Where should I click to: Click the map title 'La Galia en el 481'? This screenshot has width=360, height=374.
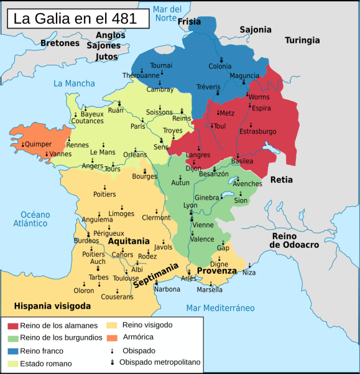coord(78,18)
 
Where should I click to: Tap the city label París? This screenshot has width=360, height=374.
coord(138,126)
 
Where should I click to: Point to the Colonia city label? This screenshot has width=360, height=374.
coord(220,67)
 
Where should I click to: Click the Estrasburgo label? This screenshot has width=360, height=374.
coord(258,131)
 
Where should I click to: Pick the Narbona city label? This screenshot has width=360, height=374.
coord(167,289)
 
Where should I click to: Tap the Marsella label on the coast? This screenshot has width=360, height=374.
coord(210,290)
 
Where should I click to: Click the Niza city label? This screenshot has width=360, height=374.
coord(249,273)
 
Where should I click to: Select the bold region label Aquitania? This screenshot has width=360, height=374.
coord(129,241)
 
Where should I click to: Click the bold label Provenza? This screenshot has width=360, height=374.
coord(217,271)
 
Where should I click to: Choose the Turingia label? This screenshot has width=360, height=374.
coord(302,40)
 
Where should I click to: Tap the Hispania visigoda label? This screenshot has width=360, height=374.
coord(52,306)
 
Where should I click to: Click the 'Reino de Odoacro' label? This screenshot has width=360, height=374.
coord(294,241)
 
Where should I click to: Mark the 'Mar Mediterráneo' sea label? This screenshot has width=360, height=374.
coord(221,308)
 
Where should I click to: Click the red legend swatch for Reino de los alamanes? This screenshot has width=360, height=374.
coord(12,326)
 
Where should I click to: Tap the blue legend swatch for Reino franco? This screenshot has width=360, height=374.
coord(12,351)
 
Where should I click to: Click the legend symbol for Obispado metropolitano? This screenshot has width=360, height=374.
coord(112,362)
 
